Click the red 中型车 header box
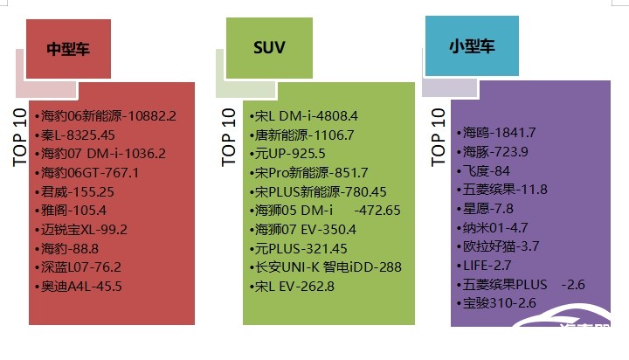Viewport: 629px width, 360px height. point(68,49)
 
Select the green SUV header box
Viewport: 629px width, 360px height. point(269,48)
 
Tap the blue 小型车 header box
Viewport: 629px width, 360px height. point(472,45)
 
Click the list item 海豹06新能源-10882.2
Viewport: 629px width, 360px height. point(106,116)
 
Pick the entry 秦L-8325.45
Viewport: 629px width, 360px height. point(74,135)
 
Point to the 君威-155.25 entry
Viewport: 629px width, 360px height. point(74,192)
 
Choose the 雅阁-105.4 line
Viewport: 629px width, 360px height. point(71,211)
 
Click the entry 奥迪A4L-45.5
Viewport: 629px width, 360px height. point(79,287)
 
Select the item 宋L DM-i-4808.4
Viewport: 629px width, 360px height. point(303,116)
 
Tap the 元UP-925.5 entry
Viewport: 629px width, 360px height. point(287,154)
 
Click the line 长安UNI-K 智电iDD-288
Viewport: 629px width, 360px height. point(325,267)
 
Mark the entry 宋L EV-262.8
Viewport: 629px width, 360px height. point(292,287)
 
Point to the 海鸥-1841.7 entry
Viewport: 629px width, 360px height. point(496,133)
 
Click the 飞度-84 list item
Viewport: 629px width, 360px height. point(483,171)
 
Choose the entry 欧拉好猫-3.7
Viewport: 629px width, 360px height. point(498,246)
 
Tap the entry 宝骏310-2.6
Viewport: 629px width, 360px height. point(496,303)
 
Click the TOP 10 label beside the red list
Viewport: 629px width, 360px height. point(19,137)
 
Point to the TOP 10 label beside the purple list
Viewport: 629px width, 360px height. point(438,137)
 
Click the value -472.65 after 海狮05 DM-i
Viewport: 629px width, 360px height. point(377,211)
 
